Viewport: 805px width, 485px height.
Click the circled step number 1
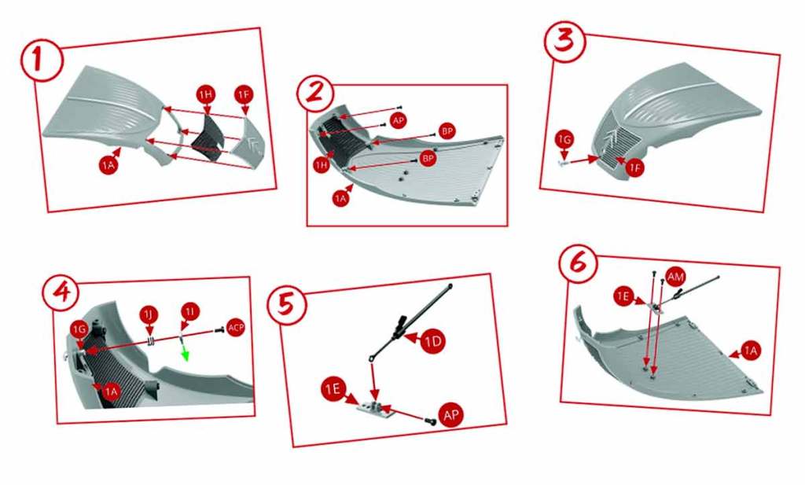point(42,61)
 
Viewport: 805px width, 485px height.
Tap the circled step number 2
point(315,93)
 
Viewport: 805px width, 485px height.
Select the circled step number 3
point(565,41)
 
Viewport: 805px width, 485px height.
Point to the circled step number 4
point(61,292)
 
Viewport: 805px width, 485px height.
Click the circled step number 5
point(286,306)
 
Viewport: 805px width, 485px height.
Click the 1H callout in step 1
point(206,94)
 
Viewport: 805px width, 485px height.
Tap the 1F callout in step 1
point(244,95)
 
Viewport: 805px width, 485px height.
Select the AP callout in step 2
point(399,120)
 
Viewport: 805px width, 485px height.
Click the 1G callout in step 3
point(564,140)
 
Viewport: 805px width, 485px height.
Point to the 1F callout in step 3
point(635,168)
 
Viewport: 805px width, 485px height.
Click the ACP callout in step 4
point(236,328)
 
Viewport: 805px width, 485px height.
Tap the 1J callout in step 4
point(149,314)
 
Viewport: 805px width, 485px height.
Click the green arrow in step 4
point(186,353)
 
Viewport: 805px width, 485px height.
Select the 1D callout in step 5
point(433,342)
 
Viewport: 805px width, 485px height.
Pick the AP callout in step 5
point(451,415)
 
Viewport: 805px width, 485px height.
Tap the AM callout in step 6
point(675,277)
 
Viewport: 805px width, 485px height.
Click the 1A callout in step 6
point(751,351)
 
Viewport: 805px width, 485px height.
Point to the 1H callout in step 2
point(322,165)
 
